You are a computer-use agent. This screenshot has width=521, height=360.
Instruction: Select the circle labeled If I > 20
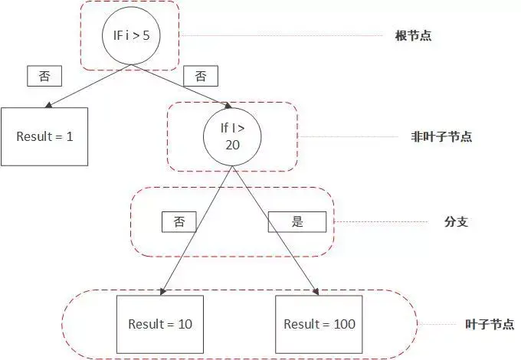pos(231,137)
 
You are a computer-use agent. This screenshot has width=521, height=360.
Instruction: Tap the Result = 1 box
pos(44,137)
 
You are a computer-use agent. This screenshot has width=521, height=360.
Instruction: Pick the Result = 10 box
pos(160,324)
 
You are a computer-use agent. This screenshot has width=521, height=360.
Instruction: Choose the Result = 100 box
pos(319,324)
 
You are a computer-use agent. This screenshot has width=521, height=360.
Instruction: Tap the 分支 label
pos(456,222)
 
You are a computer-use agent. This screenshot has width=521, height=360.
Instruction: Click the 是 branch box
pos(297,222)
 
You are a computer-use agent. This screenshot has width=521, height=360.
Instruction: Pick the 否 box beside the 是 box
pos(179,222)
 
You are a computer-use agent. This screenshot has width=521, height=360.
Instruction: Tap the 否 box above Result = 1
pos(44,76)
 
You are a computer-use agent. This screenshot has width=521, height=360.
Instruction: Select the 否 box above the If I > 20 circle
pos(201,76)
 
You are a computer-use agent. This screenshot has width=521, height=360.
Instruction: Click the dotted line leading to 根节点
pos(283,36)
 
